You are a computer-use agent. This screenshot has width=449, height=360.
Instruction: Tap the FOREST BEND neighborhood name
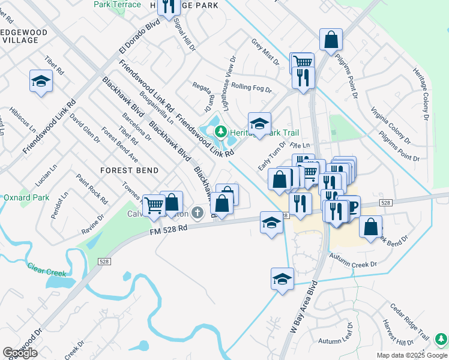point(130,170)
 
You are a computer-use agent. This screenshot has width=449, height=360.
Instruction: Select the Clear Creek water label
point(46,271)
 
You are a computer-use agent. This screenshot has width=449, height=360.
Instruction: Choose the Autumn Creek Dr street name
point(356,263)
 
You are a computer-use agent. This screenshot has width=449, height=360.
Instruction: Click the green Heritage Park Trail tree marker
point(221,131)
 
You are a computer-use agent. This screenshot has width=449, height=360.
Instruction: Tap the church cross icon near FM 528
point(199,213)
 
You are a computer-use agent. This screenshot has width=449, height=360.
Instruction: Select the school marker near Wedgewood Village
point(41,81)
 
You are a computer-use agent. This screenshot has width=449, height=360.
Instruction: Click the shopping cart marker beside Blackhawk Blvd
point(154,205)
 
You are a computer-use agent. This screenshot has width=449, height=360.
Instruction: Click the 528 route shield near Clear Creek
point(104,262)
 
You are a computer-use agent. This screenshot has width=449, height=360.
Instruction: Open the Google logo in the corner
point(20,353)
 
